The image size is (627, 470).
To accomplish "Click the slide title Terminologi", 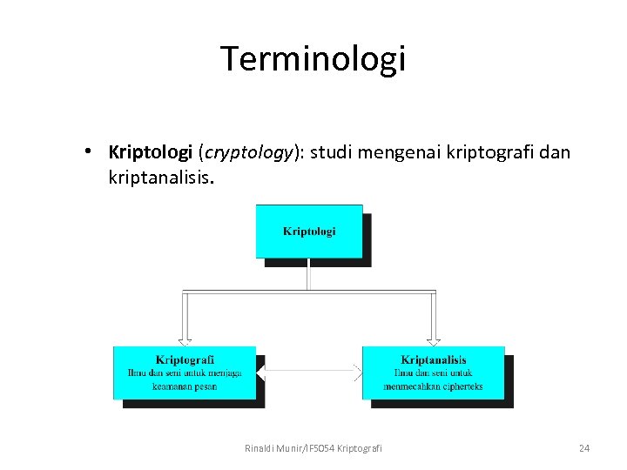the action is click(313, 59).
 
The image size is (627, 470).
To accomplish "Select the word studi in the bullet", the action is click(332, 152).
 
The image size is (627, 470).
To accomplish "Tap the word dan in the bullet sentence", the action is click(554, 152).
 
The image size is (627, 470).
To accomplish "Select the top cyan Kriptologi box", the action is click(309, 231).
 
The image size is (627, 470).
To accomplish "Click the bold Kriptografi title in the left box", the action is click(185, 359).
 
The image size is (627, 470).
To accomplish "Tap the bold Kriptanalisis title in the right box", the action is click(433, 359).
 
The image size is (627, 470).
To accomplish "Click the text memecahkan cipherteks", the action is click(433, 386).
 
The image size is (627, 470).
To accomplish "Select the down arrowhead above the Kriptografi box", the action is click(185, 340).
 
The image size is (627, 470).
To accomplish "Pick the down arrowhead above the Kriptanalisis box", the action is click(433, 340).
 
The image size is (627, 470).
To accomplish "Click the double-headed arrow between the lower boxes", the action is click(309, 372).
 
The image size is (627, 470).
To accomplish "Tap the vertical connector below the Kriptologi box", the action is click(309, 274).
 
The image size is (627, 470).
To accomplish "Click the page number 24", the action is click(584, 448).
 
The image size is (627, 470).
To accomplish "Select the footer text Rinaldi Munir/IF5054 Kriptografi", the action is click(313, 448).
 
